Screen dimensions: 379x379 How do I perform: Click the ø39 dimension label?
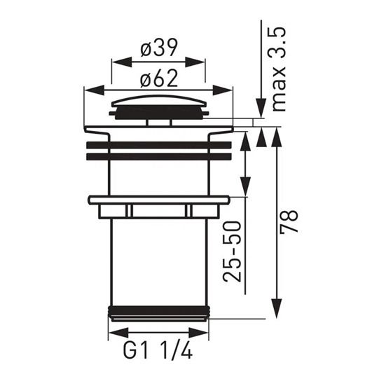click(159, 48)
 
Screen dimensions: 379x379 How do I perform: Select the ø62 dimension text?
click(159, 78)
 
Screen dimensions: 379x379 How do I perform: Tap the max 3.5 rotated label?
click(279, 69)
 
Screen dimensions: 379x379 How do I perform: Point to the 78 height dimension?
click(289, 221)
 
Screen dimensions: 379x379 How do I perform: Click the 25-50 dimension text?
click(232, 251)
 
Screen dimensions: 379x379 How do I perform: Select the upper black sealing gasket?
click(158, 144)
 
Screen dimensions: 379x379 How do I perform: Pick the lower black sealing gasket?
click(158, 157)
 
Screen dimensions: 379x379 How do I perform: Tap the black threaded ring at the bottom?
click(159, 310)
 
